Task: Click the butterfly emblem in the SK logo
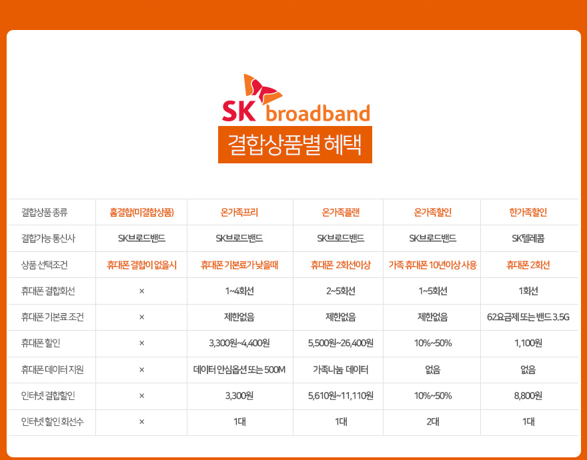click(262, 90)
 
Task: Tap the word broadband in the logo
click(318, 113)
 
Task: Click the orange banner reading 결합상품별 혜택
click(295, 145)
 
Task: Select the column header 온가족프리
click(239, 213)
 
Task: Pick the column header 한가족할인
click(528, 213)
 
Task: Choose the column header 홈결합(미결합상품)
click(141, 213)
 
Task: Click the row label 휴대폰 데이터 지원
click(53, 370)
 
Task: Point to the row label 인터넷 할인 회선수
click(53, 422)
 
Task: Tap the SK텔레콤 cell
click(528, 239)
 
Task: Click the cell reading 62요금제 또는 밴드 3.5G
click(528, 317)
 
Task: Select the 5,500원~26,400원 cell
click(341, 343)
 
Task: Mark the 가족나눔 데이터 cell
click(341, 370)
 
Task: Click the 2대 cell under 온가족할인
click(433, 422)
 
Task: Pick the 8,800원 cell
click(528, 395)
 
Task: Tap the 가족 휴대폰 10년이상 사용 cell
click(433, 265)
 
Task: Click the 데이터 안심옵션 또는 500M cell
click(239, 370)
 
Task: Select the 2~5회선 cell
click(341, 291)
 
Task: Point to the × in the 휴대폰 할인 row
click(141, 343)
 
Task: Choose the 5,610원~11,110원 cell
click(341, 395)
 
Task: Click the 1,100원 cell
click(528, 343)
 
